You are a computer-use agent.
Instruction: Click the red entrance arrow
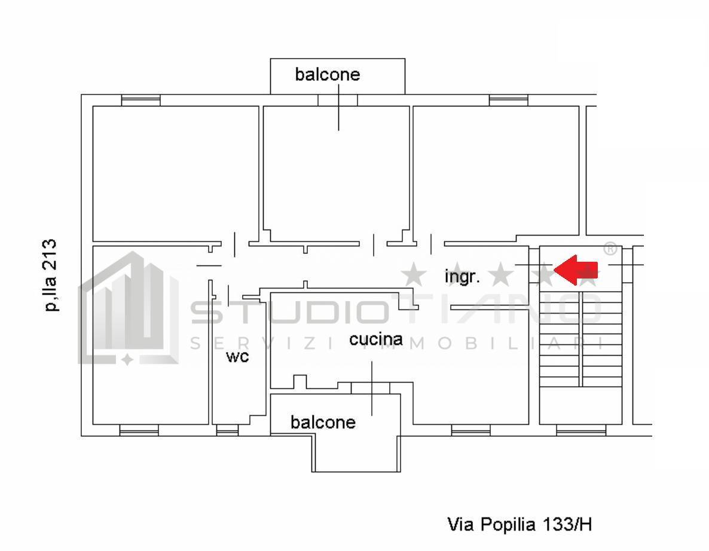point(576,270)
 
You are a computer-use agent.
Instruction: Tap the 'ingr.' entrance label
point(462,277)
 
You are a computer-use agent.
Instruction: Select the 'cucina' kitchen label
point(376,339)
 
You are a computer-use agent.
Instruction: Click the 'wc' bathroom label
point(237,357)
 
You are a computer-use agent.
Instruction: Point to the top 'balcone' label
point(328,75)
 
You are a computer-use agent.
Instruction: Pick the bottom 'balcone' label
point(323,423)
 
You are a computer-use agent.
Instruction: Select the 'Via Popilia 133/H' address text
point(519,525)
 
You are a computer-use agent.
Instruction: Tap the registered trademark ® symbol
point(610,249)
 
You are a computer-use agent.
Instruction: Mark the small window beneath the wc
point(227,430)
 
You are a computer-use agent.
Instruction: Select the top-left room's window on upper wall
point(140,100)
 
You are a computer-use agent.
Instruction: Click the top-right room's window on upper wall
point(508,100)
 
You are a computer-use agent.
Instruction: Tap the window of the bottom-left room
point(139,430)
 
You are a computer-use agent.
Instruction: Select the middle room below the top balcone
point(337,173)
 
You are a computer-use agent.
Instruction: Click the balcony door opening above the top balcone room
point(338,100)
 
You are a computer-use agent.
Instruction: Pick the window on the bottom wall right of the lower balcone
point(470,430)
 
